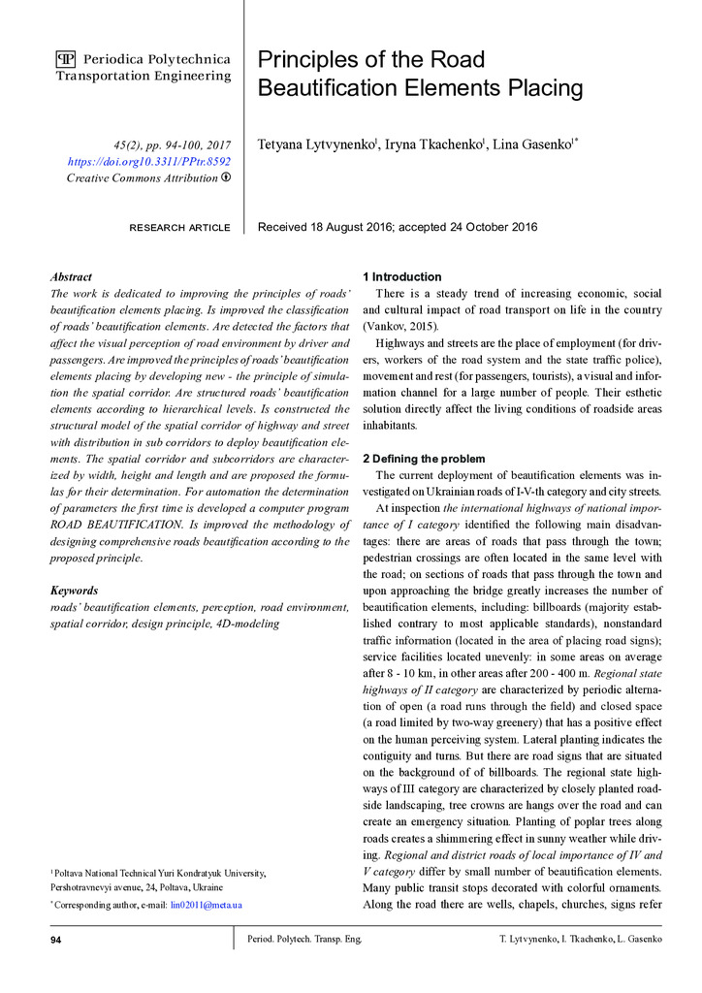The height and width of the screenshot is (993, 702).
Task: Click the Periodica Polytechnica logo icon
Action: tap(66, 59)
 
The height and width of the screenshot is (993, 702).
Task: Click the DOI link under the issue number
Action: tap(149, 161)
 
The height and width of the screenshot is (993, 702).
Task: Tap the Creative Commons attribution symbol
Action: tap(226, 177)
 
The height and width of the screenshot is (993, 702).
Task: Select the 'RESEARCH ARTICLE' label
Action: tap(179, 228)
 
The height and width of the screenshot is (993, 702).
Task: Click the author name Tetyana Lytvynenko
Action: tap(315, 145)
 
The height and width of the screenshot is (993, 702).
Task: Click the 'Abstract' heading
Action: tap(71, 276)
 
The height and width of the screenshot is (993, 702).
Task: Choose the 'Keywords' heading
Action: tap(74, 590)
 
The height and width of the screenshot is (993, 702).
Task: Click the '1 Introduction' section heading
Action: tap(401, 276)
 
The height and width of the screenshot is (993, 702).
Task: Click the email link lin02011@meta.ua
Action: tap(206, 905)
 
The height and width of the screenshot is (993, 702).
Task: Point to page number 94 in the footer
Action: tap(57, 940)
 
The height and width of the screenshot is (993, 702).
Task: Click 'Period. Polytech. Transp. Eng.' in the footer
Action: tap(303, 940)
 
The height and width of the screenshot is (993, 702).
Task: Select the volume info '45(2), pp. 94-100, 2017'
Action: tap(172, 144)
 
